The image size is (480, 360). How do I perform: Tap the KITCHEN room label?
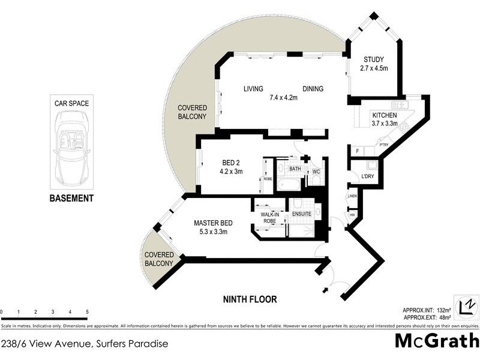[x=384, y=115]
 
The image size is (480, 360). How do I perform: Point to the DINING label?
[x=313, y=89]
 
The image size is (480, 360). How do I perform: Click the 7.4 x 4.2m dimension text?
[x=283, y=97]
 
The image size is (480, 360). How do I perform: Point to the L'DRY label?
[x=368, y=176]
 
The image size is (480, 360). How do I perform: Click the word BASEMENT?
[x=71, y=198]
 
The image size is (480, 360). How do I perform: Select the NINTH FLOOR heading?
[x=250, y=299]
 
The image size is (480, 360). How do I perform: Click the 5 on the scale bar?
[x=88, y=313]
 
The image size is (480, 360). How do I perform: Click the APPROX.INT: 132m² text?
[x=426, y=310]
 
